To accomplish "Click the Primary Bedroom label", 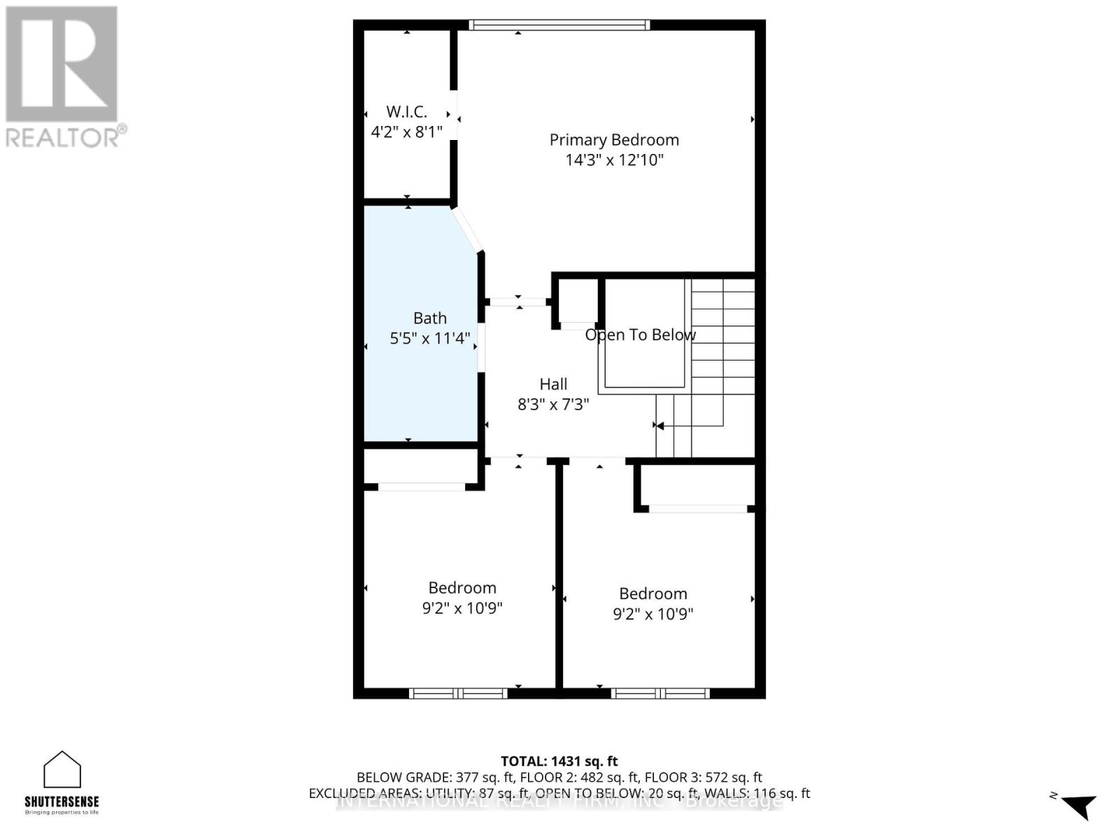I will click(x=614, y=140).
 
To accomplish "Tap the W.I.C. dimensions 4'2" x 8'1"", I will click(x=406, y=132).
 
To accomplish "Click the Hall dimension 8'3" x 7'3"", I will click(x=553, y=405).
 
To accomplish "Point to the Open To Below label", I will click(x=640, y=335).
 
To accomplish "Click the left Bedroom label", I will click(x=462, y=588).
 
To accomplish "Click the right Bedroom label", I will click(x=653, y=594).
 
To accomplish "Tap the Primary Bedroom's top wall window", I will click(x=559, y=25).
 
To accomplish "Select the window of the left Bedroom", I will click(x=458, y=693).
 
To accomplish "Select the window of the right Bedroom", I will click(x=660, y=693).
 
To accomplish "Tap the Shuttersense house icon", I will click(x=62, y=770).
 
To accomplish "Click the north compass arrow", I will click(x=1079, y=806).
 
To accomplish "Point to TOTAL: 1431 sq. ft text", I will click(x=559, y=761).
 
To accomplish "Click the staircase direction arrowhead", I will click(x=660, y=426).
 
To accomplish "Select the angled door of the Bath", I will click(x=467, y=229).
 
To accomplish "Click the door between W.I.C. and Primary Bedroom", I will click(x=454, y=115).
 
